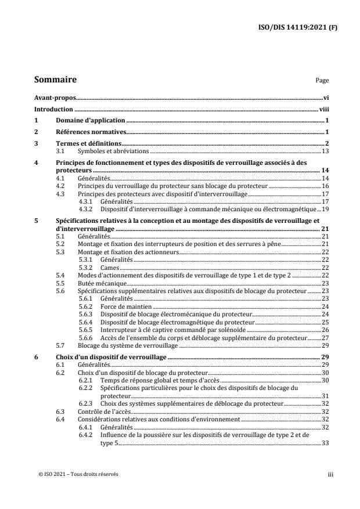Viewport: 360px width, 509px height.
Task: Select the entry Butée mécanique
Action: click(x=99, y=283)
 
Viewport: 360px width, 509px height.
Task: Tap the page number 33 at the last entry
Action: click(x=326, y=442)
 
